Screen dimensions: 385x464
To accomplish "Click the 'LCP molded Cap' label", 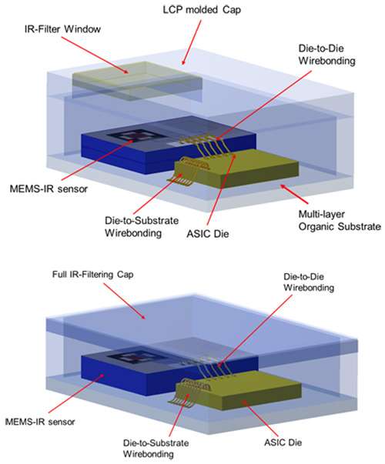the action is tap(202, 10).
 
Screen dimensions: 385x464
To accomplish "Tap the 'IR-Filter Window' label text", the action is tap(62, 29).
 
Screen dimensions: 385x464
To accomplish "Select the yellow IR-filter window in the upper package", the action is tap(137, 81).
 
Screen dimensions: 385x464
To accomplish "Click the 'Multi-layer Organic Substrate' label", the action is tap(340, 220).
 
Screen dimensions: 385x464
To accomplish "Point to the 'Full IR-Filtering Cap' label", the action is tap(92, 274).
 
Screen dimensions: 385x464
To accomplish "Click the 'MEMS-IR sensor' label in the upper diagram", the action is tap(49, 189).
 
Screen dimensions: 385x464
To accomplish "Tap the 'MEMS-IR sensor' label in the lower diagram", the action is tap(40, 422).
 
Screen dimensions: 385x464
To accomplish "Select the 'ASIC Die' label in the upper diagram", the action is tap(208, 234).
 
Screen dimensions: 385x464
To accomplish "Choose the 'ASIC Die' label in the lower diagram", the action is tap(283, 442).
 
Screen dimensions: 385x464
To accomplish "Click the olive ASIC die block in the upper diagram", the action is tap(237, 169).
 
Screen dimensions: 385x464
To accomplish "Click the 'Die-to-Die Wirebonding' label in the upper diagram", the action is tap(326, 55).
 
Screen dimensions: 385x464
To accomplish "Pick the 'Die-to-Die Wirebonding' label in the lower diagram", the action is tap(309, 282).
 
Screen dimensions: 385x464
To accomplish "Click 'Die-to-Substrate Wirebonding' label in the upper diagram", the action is tap(142, 227).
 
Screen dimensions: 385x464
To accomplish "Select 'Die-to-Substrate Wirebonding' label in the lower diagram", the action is tap(156, 448).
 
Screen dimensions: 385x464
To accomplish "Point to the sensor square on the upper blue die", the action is tap(137, 136).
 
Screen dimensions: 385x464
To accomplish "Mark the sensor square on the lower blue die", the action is tap(136, 359).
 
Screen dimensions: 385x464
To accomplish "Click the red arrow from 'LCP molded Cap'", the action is tap(192, 42).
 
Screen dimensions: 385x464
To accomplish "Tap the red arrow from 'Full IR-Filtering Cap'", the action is tap(124, 301).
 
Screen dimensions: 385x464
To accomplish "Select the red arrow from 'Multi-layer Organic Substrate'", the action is tap(295, 195).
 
